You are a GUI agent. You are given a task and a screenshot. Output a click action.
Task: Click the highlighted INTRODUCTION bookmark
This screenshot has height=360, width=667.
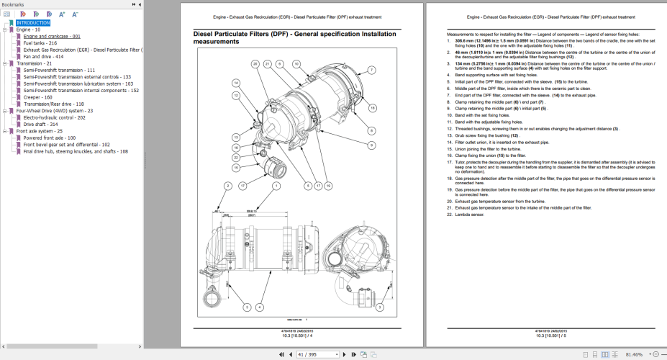click(x=35, y=23)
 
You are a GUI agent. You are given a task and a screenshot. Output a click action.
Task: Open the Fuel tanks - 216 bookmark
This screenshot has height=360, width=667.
click(x=40, y=42)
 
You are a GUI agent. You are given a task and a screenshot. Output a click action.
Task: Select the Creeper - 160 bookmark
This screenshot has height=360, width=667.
click(x=37, y=97)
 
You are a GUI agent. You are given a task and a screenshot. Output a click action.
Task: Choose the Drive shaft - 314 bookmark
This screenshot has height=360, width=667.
click(x=40, y=125)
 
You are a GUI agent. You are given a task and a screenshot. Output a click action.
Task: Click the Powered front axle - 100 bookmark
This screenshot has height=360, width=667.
click(x=50, y=138)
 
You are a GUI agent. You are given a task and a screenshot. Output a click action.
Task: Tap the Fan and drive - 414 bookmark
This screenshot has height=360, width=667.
click(x=43, y=56)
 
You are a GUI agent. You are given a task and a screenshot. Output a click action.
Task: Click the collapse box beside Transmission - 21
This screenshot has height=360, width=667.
click(x=4, y=63)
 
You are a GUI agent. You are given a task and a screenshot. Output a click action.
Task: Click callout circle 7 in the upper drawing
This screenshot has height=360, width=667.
click(x=371, y=70)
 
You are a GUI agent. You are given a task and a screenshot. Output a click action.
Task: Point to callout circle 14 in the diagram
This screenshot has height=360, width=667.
click(x=235, y=84)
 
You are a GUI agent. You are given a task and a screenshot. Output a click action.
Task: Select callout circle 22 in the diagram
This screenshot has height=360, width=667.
click(x=235, y=157)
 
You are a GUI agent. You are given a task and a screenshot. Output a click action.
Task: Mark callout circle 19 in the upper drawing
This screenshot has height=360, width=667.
click(x=327, y=186)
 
